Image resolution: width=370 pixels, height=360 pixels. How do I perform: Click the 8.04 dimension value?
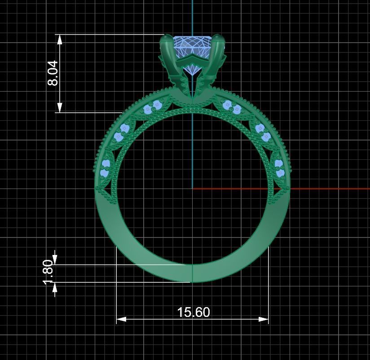(53, 73)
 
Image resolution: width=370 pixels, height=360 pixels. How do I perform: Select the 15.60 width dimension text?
(193, 312)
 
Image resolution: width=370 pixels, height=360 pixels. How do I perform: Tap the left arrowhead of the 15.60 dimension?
(120, 320)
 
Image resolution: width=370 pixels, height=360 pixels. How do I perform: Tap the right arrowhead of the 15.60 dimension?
(264, 320)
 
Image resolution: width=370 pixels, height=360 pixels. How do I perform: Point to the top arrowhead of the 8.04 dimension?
(60, 39)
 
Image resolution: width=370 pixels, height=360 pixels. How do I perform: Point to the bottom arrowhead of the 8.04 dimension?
(60, 108)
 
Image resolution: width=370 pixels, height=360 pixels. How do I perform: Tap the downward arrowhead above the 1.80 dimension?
(55, 259)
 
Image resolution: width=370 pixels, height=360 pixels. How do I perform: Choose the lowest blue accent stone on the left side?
(105, 172)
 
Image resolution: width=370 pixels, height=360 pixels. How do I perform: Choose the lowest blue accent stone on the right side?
(280, 173)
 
